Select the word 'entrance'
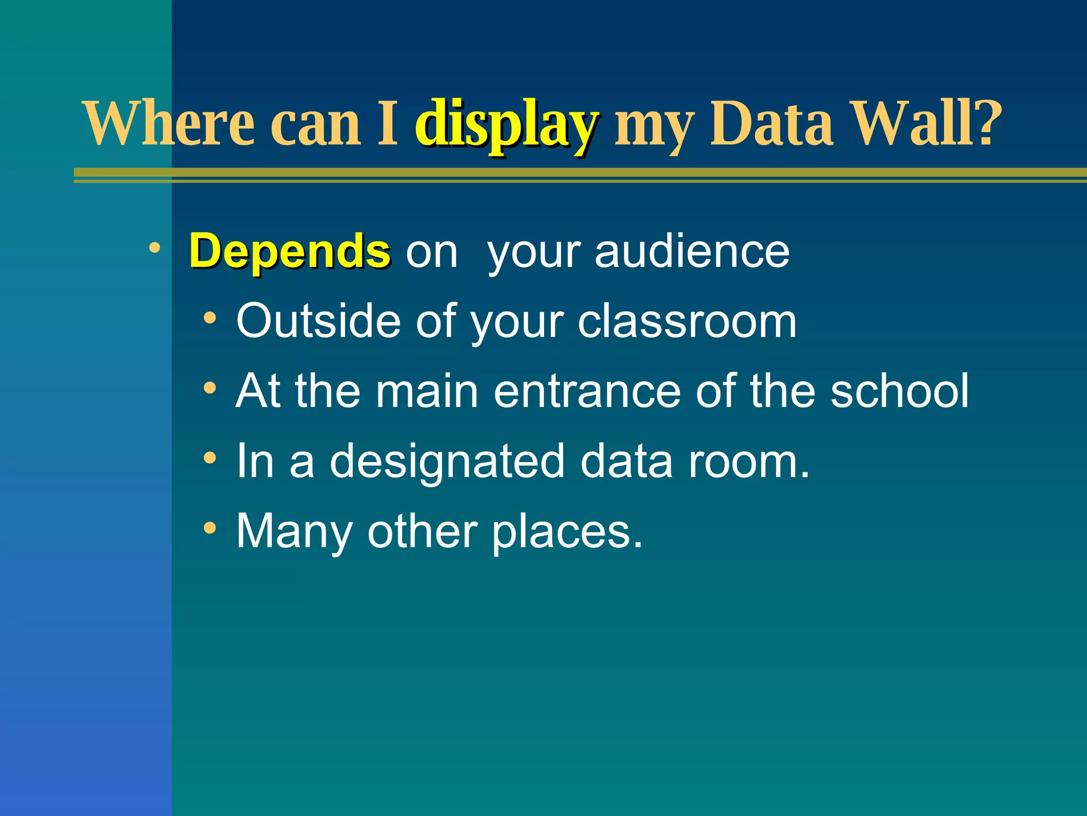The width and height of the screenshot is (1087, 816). click(x=587, y=391)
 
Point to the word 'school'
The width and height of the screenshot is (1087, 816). click(x=900, y=391)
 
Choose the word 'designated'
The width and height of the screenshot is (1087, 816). click(x=447, y=461)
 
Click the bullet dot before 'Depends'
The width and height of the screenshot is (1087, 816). click(x=154, y=248)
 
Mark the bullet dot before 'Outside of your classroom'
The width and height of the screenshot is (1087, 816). click(x=210, y=318)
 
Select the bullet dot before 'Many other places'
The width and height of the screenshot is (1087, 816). click(x=210, y=528)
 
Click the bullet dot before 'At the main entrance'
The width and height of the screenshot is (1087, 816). click(x=210, y=388)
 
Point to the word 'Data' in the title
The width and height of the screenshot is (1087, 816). click(x=771, y=123)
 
